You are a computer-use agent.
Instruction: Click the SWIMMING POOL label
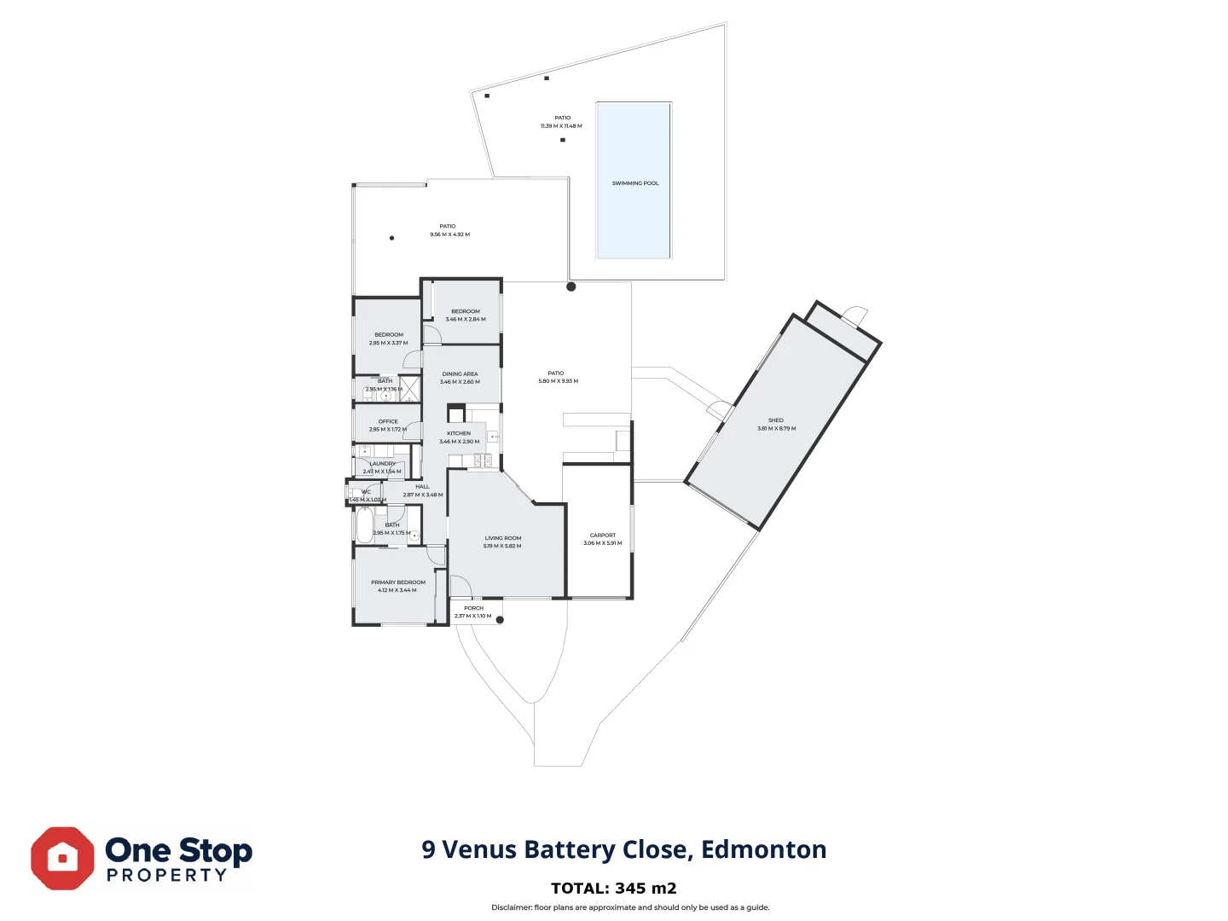point(634,183)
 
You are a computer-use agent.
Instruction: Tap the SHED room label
point(775,420)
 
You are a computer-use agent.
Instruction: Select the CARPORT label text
point(602,536)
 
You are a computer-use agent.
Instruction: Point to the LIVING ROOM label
point(502,538)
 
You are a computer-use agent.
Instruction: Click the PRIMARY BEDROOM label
point(397,582)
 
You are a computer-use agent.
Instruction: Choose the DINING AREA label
point(460,374)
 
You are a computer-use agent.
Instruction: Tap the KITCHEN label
point(459,433)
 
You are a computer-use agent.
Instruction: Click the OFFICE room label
point(388,421)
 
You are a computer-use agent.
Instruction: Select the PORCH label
point(473,608)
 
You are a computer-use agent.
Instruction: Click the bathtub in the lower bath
point(364,526)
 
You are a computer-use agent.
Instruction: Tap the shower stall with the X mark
point(410,388)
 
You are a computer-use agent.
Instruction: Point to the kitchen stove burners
point(483,460)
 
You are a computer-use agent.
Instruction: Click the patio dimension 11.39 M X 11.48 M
point(561,126)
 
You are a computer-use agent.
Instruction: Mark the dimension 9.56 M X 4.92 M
point(449,235)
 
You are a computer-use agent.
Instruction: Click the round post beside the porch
point(500,620)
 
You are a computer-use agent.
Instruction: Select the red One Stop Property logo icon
point(62,858)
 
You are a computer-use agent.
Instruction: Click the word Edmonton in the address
point(763,850)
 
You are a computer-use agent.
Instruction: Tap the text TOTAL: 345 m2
point(613,889)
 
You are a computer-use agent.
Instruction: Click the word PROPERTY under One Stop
point(167,876)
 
